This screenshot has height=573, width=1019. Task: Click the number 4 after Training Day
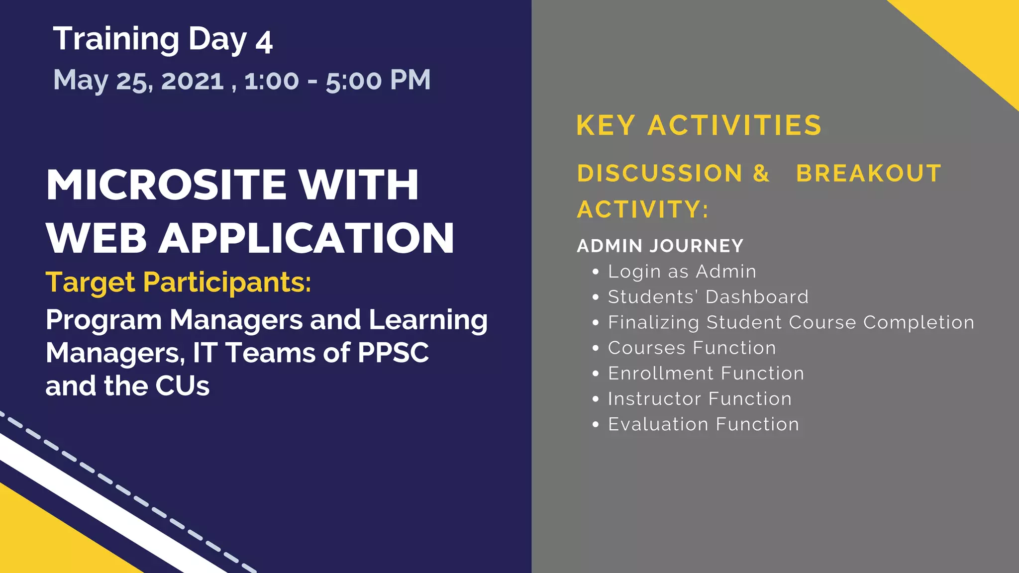point(264,43)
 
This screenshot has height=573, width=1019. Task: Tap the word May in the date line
point(80,81)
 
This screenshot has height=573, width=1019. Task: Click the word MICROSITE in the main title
point(166,185)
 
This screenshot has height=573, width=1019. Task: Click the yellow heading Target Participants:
point(178,283)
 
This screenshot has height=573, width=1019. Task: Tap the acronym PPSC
point(393,353)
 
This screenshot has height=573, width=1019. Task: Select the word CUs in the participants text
point(182,386)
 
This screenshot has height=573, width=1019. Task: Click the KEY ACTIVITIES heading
point(699,125)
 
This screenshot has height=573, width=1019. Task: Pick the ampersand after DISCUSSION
point(761,174)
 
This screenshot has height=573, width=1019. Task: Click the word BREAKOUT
point(868,174)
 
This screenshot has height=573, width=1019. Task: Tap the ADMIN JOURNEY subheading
point(660,246)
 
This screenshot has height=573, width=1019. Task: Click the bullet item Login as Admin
point(682,272)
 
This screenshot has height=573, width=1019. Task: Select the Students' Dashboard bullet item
point(708,297)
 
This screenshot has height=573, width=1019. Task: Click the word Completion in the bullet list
point(918,322)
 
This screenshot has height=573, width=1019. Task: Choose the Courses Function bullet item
point(692,348)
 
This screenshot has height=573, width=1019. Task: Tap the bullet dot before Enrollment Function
point(596,374)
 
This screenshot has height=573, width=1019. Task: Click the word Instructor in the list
point(654,399)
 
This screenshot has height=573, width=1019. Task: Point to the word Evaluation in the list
point(658,424)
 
